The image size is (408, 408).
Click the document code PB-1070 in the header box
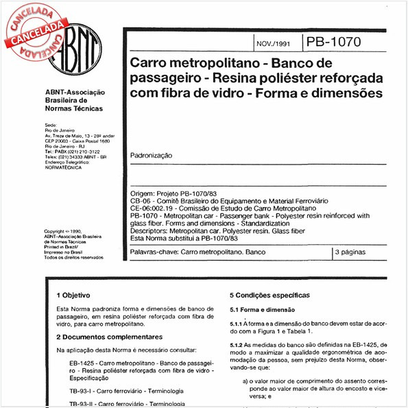tap(335, 43)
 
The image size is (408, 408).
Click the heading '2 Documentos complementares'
tap(109, 337)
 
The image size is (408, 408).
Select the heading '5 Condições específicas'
tap(269, 296)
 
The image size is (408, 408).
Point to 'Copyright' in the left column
tap(56, 232)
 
